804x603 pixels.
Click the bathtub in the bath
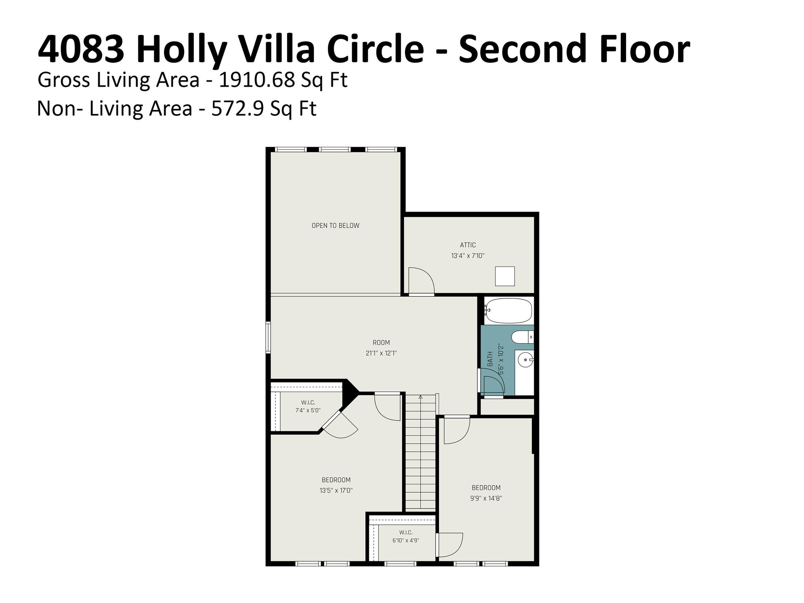coord(508,311)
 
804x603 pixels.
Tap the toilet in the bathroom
coord(523,337)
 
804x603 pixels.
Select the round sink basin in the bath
coord(525,359)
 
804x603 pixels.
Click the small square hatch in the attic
coord(504,276)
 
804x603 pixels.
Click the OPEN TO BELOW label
coord(335,225)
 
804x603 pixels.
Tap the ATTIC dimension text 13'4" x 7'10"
coord(468,256)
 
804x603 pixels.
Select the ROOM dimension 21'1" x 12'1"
coord(381,353)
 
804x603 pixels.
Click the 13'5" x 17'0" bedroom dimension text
coord(336,490)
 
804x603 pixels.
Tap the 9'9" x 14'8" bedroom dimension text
coord(486,498)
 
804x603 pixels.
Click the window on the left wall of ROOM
coord(268,337)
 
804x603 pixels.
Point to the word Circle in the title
coord(375,49)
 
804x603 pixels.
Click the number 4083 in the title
coord(80,49)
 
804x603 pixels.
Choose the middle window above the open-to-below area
coord(335,149)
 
